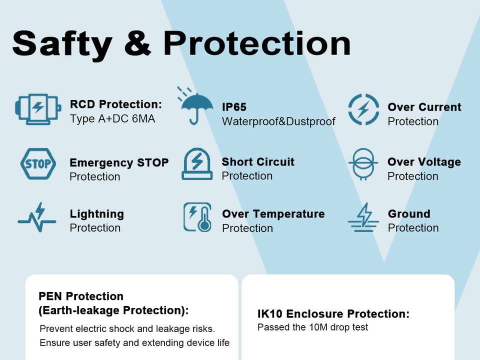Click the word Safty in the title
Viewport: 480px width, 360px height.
[62, 44]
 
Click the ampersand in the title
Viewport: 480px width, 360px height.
[137, 43]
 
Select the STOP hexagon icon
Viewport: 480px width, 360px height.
[38, 164]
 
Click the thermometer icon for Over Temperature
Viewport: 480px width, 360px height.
[197, 216]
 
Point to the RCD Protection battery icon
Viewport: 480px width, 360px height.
[38, 109]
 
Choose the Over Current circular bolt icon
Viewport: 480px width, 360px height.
[363, 109]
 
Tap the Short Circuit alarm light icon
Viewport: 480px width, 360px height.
[197, 164]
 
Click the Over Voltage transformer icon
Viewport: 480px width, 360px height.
[363, 164]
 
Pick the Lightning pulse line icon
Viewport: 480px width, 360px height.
[37, 217]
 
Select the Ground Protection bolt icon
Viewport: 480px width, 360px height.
[363, 217]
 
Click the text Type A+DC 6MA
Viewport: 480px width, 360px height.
[112, 119]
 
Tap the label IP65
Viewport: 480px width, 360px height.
[234, 107]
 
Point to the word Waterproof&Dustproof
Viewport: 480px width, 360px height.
[278, 121]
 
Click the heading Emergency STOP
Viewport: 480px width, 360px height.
[119, 162]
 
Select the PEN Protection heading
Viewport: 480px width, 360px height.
[81, 296]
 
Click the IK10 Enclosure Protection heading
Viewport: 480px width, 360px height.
[333, 314]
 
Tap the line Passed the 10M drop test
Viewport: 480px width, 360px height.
[312, 327]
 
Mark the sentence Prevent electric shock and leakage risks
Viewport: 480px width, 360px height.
[127, 329]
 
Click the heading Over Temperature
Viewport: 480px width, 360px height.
[273, 213]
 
